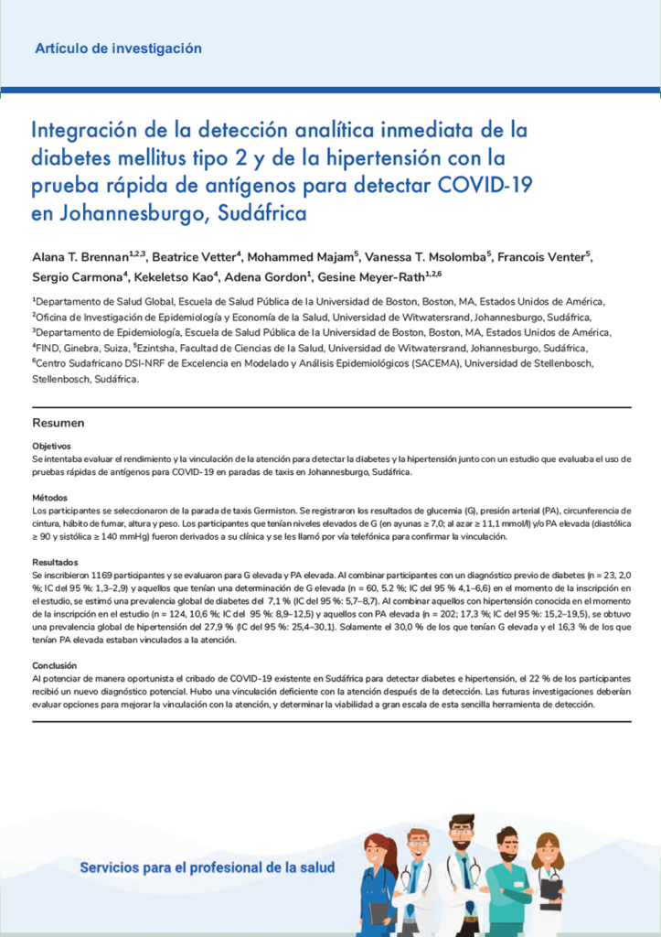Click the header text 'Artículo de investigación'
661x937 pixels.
pyautogui.click(x=118, y=48)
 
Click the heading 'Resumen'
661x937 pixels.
pyautogui.click(x=59, y=423)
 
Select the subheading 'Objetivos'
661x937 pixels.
pyautogui.click(x=51, y=445)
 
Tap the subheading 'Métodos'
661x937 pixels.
pyautogui.click(x=48, y=497)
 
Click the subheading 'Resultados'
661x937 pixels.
pyautogui.click(x=54, y=561)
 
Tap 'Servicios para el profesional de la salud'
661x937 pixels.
pyautogui.click(x=207, y=867)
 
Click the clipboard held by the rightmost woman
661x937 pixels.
pyautogui.click(x=550, y=888)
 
